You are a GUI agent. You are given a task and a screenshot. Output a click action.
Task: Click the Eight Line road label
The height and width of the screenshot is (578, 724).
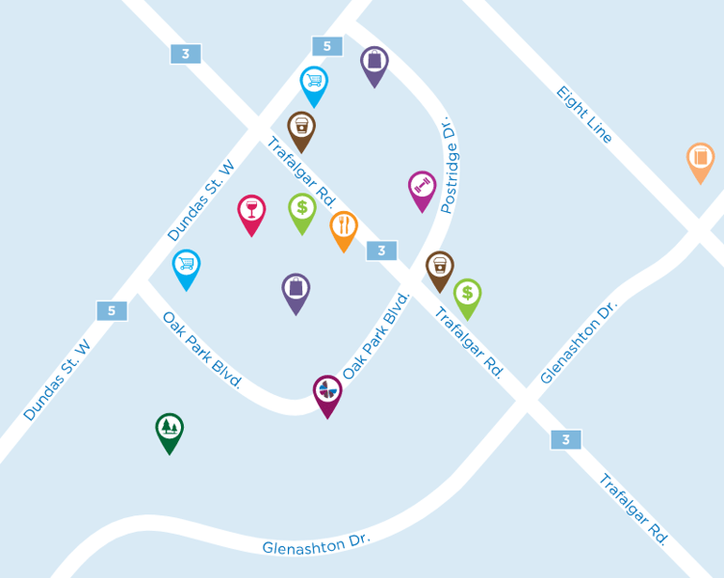pos(584,115)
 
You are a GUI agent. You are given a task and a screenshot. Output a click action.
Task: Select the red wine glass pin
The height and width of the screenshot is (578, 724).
pos(251,212)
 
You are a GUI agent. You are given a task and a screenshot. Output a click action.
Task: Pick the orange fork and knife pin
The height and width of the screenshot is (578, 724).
pos(344,228)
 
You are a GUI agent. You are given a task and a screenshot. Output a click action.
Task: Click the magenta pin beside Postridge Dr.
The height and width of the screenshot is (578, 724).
pos(422,188)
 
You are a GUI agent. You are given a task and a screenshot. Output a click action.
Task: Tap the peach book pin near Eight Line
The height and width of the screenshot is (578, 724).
pos(700,159)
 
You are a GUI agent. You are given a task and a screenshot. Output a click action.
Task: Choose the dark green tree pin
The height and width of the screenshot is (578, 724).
pos(169,430)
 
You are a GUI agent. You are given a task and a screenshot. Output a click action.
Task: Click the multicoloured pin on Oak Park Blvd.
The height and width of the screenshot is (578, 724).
pos(327,392)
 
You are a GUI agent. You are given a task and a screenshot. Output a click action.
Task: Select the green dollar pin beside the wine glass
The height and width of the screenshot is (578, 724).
pos(302,210)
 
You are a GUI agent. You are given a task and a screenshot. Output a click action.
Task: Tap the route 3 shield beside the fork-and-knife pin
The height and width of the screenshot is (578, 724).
pos(381,250)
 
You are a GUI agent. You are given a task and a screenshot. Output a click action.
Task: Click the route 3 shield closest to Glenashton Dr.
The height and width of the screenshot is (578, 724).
pos(566,439)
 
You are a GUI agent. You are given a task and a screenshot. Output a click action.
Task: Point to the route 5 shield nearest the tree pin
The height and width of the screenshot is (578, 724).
pos(112,310)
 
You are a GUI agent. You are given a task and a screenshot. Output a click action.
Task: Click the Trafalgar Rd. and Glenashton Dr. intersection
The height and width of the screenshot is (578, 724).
pos(526,400)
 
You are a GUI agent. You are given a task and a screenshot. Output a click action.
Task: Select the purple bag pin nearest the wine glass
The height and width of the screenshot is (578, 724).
pos(297,291)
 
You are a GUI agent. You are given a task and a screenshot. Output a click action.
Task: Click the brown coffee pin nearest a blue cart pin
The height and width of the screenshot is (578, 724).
pos(301,128)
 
